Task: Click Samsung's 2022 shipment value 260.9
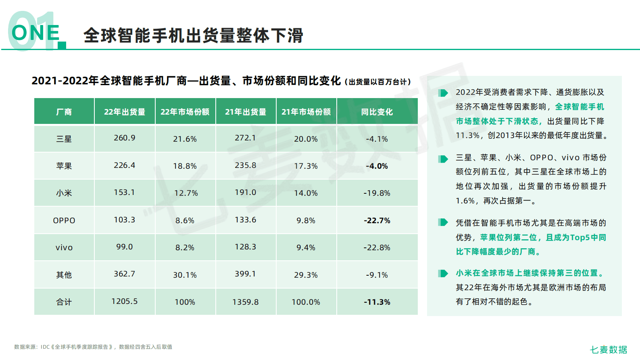[125, 138]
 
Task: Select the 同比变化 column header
[377, 112]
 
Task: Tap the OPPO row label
[64, 220]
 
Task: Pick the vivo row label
[64, 247]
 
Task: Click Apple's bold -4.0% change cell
[377, 166]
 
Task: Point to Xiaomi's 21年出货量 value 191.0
[246, 193]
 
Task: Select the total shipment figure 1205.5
[125, 301]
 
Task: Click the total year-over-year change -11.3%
[377, 302]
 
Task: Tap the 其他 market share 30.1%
[185, 275]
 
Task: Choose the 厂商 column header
[64, 112]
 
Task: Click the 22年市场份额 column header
[185, 112]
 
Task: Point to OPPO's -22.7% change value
[377, 220]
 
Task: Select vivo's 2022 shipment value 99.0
[125, 247]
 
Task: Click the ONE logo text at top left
[35, 33]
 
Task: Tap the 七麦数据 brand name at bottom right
[609, 350]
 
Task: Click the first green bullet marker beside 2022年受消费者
[443, 93]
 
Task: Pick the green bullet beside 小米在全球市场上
[443, 274]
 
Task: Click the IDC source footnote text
[93, 347]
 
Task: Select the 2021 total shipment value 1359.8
[246, 302]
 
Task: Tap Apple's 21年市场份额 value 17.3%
[306, 166]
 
